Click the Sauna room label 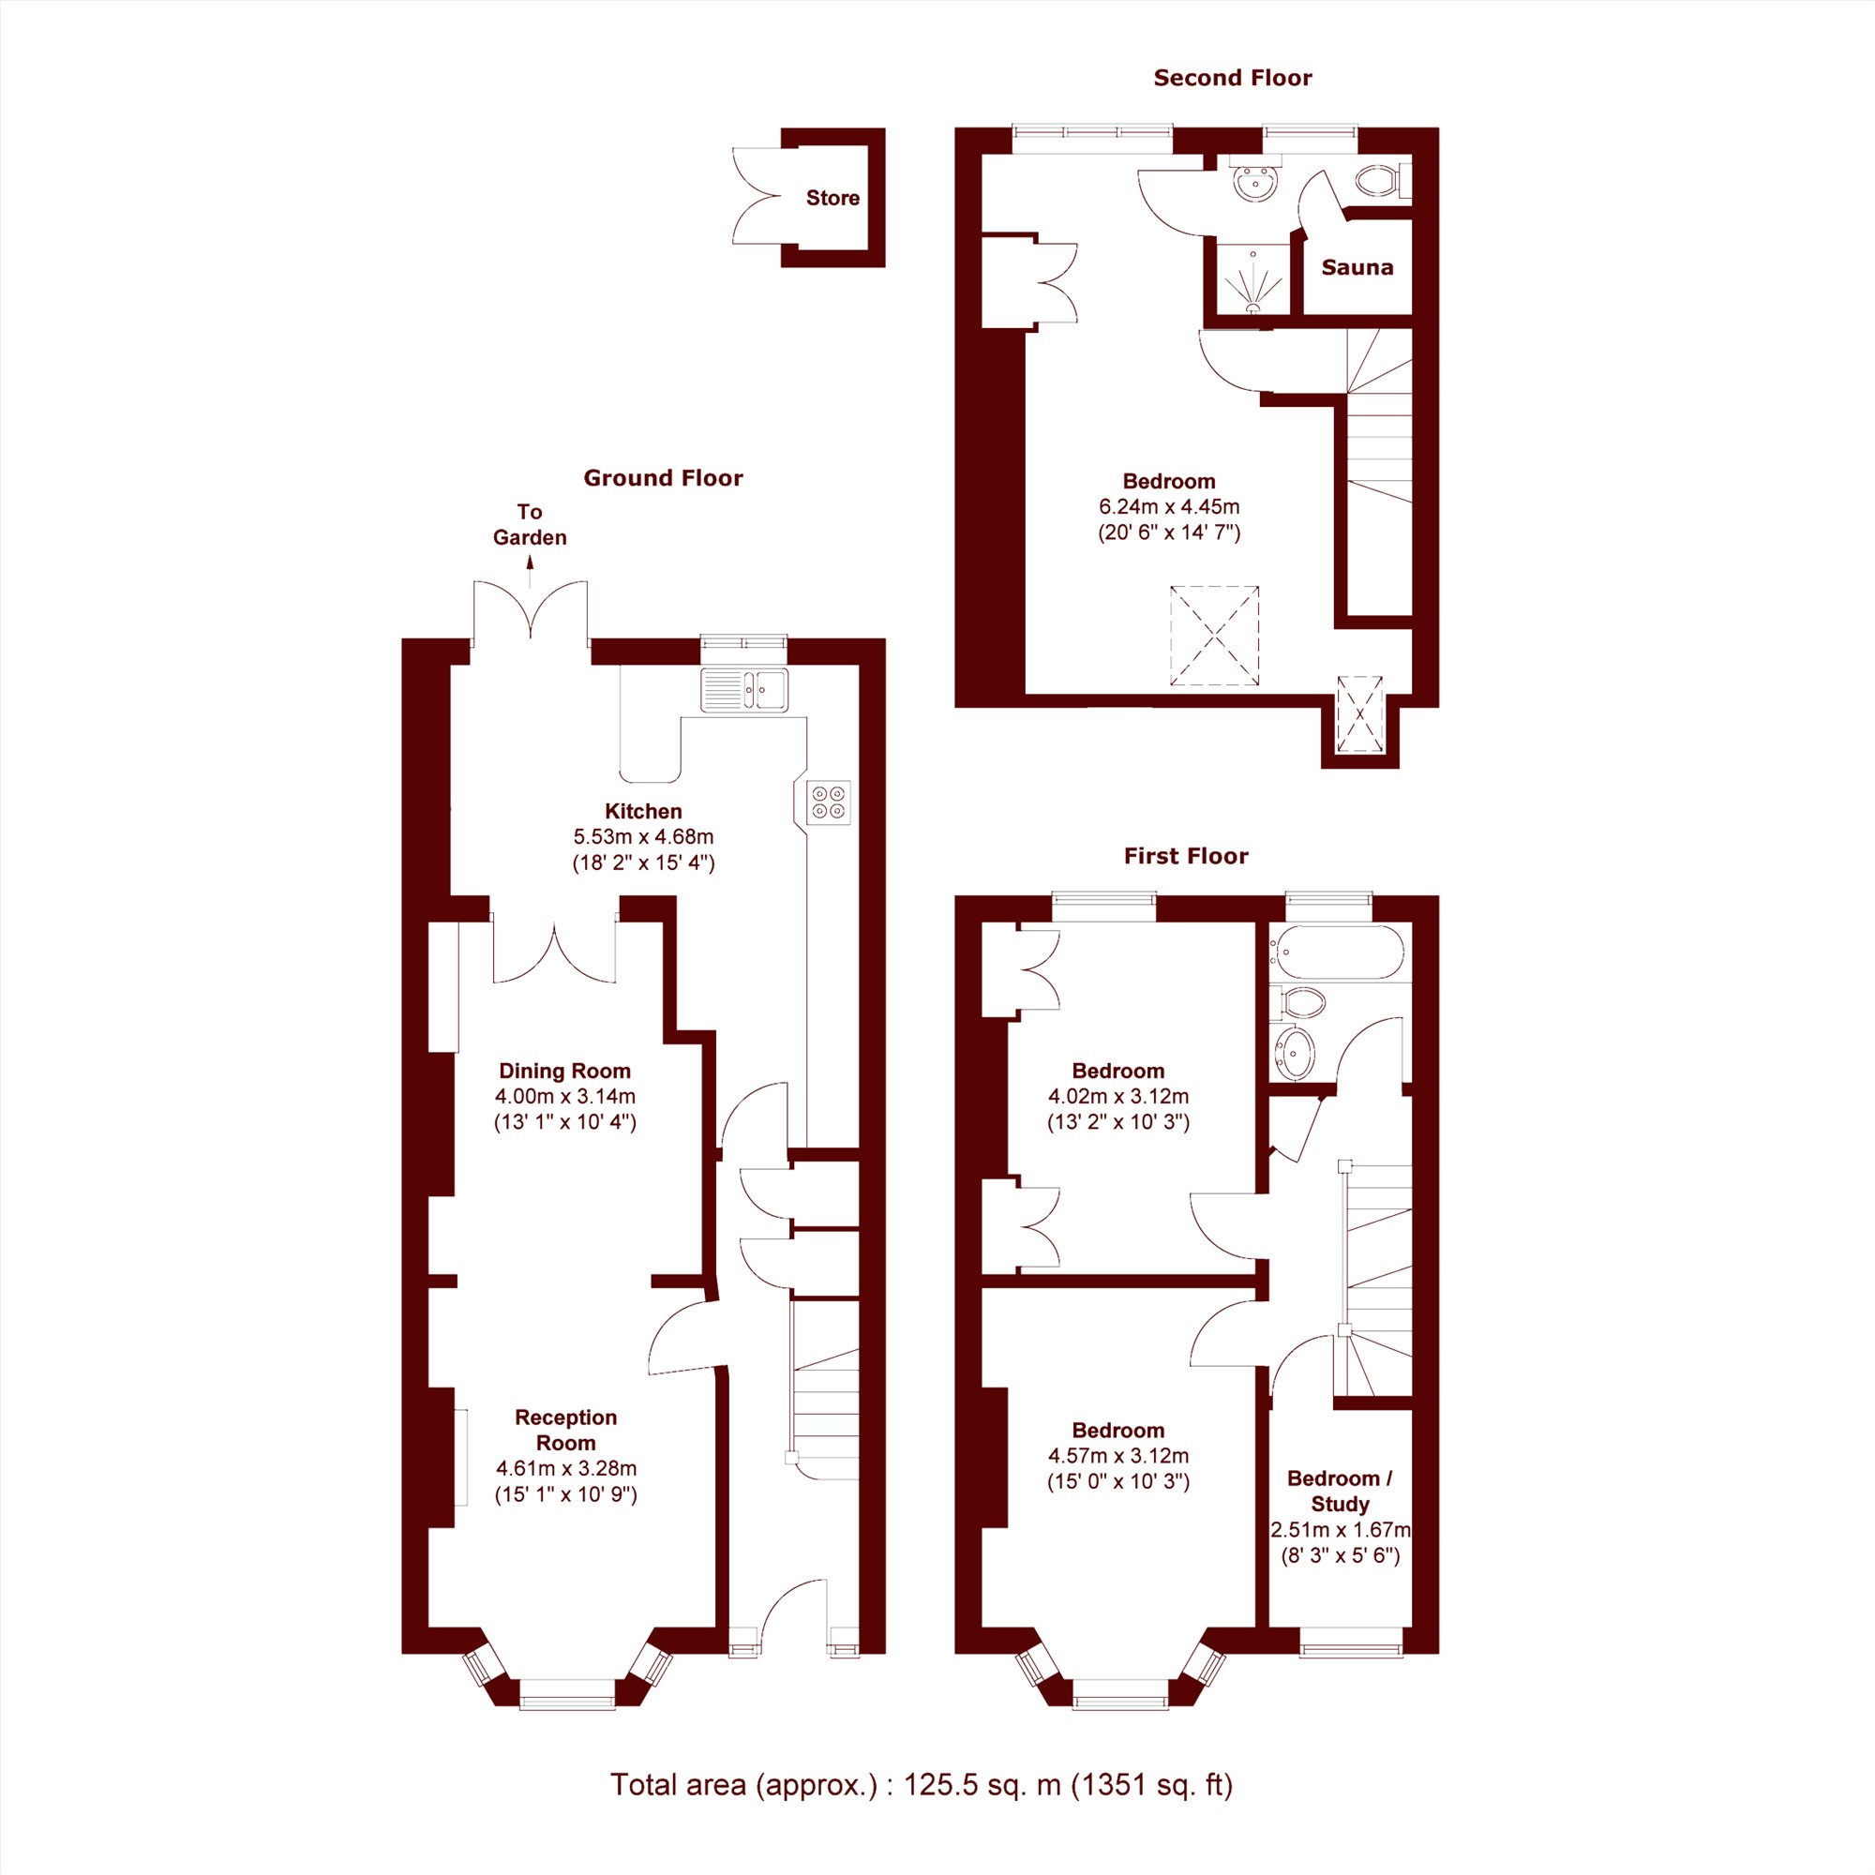[x=1357, y=267]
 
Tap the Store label [x=832, y=198]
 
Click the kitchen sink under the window [x=744, y=690]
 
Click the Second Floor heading [x=1233, y=78]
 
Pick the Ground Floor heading [x=663, y=477]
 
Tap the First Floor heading [x=1186, y=856]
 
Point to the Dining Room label [x=564, y=1072]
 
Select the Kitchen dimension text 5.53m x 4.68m [x=643, y=836]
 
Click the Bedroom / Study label [x=1341, y=1491]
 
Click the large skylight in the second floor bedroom [x=1215, y=636]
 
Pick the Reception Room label [x=566, y=1430]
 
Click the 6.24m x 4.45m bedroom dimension [x=1169, y=506]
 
